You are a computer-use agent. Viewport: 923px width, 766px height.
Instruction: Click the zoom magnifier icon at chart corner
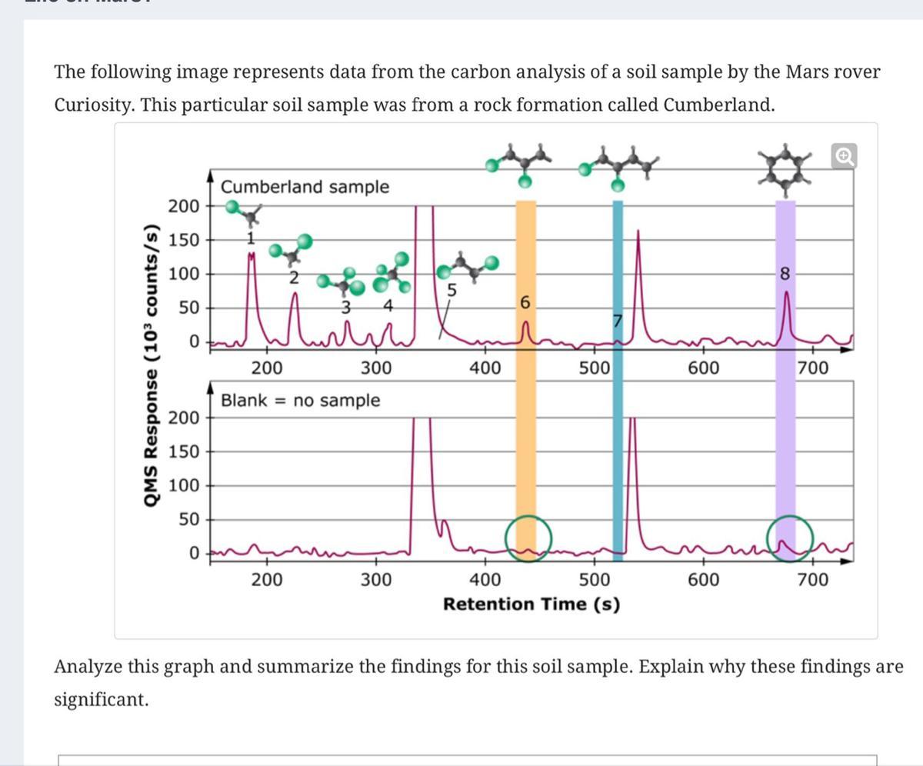point(844,156)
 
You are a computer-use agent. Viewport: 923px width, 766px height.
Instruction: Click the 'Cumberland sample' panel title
point(305,187)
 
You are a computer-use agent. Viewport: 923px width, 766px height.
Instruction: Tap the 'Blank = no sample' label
point(300,400)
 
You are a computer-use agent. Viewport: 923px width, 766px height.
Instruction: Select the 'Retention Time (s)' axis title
point(531,604)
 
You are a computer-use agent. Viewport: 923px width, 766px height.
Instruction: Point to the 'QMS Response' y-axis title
point(152,365)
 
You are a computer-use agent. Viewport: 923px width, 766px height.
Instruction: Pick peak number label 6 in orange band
point(525,303)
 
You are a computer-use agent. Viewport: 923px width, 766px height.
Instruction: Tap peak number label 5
point(452,291)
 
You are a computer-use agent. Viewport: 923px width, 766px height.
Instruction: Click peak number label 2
point(293,278)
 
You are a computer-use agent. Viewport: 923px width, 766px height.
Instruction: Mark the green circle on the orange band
point(528,536)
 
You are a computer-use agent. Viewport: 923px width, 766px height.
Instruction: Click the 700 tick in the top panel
point(812,368)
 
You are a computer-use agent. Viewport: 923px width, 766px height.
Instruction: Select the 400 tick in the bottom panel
point(485,578)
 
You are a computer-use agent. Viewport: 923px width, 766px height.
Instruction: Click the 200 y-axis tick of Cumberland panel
point(183,206)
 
